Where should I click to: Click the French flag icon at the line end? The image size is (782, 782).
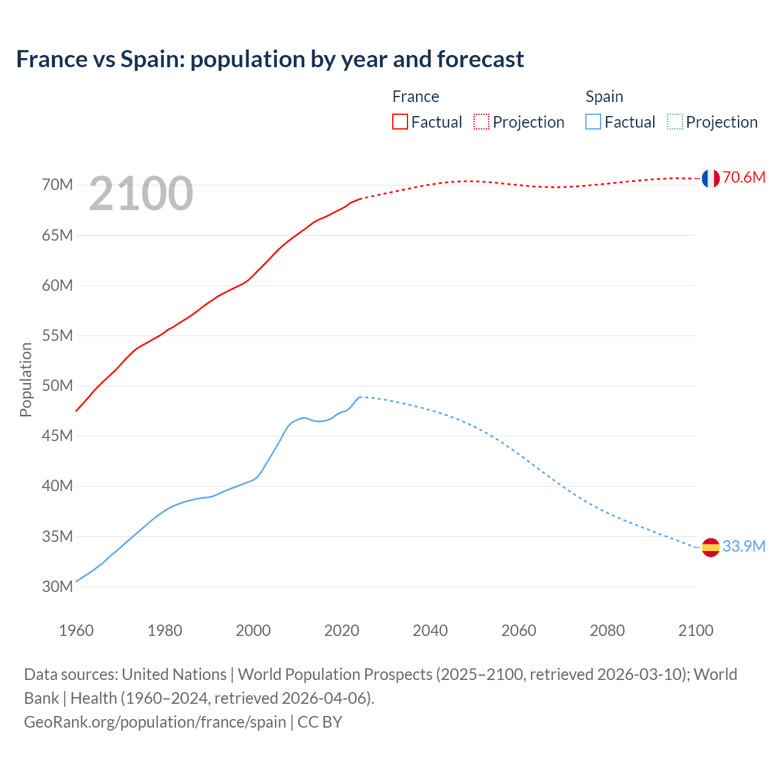point(711,178)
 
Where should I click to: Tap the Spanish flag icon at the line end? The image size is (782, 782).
point(711,547)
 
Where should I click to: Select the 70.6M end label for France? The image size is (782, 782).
point(744,178)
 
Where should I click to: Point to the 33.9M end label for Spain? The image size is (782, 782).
point(744,547)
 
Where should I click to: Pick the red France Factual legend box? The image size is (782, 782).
point(400,122)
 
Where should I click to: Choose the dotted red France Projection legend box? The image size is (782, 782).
point(481,122)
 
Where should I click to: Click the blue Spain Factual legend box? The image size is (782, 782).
point(593,122)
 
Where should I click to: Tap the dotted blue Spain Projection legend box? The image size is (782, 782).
point(674,122)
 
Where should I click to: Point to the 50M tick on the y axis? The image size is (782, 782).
point(57,386)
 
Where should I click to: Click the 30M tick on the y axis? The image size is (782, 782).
point(57,587)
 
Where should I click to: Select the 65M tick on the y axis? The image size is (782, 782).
point(57,235)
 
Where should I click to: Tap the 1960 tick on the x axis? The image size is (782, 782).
point(76,630)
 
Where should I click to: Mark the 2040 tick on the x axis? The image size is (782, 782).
point(430,630)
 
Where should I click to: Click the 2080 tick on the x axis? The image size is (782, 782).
point(607,630)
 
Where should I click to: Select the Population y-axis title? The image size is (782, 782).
point(26,379)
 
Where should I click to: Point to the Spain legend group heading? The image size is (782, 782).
point(604,97)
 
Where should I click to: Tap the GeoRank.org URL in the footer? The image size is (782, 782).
point(155,722)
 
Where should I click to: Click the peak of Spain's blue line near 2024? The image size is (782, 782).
point(360,397)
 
